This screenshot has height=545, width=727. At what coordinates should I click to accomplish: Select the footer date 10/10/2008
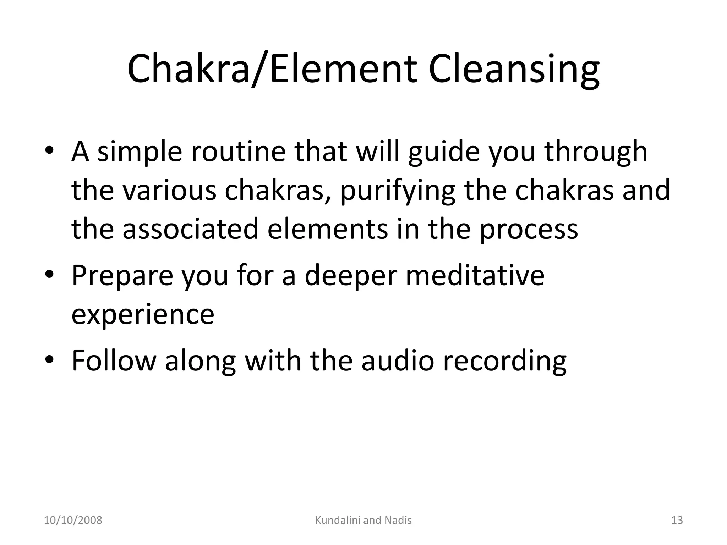pos(73,520)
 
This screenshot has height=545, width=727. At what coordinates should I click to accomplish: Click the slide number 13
pos(677,520)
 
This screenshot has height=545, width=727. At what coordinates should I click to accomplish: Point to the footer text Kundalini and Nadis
pos(363,520)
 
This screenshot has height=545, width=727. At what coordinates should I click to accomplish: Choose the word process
pos(529,230)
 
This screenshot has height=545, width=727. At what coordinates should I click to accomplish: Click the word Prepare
pos(122,276)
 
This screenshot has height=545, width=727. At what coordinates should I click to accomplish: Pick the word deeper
pos(351,276)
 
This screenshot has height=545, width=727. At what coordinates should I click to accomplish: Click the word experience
pos(143,315)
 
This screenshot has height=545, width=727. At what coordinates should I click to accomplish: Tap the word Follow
pos(114,361)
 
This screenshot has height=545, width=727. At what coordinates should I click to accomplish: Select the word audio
pos(398,361)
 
